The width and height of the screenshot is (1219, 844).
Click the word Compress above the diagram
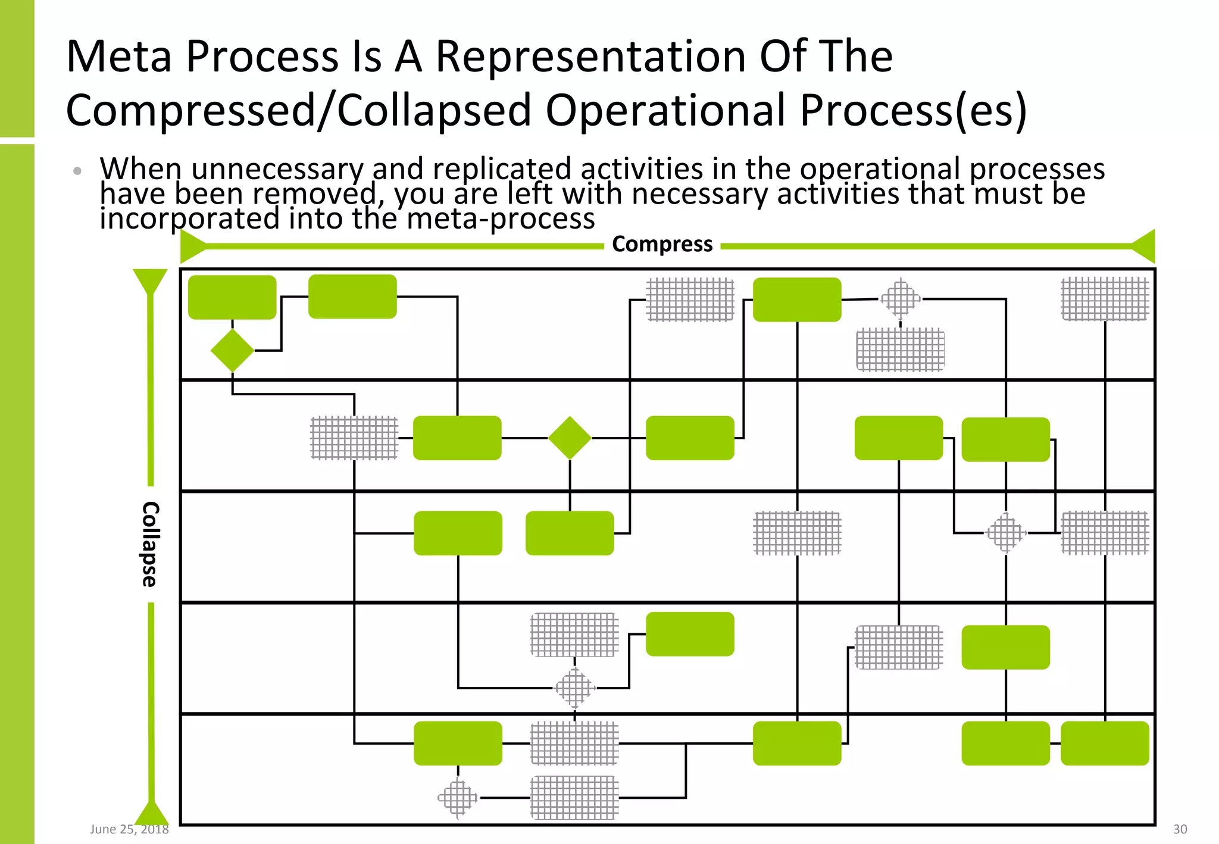click(662, 244)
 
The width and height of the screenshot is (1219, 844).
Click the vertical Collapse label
click(150, 544)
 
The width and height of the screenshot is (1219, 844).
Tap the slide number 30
click(1180, 829)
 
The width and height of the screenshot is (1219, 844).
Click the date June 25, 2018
click(129, 829)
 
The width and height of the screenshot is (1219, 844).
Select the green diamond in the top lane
click(232, 351)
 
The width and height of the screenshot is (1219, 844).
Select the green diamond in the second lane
click(570, 438)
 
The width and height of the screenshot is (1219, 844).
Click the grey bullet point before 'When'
click(77, 171)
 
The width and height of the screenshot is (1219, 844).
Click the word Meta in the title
click(118, 57)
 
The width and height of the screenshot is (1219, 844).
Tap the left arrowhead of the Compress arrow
click(192, 246)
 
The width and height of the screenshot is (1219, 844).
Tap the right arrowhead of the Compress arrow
click(1144, 246)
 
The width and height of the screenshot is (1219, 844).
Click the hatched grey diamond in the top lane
click(900, 299)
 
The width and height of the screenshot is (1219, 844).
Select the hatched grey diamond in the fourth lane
click(574, 688)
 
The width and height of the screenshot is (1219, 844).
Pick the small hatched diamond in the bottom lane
click(458, 798)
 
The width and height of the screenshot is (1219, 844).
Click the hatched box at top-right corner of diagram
click(1105, 299)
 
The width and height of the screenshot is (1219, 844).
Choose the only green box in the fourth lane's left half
click(690, 634)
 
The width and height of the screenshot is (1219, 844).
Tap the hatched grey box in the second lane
click(354, 438)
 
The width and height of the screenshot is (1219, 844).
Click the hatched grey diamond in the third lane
click(1006, 533)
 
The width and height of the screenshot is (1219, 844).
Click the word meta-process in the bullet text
click(501, 218)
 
